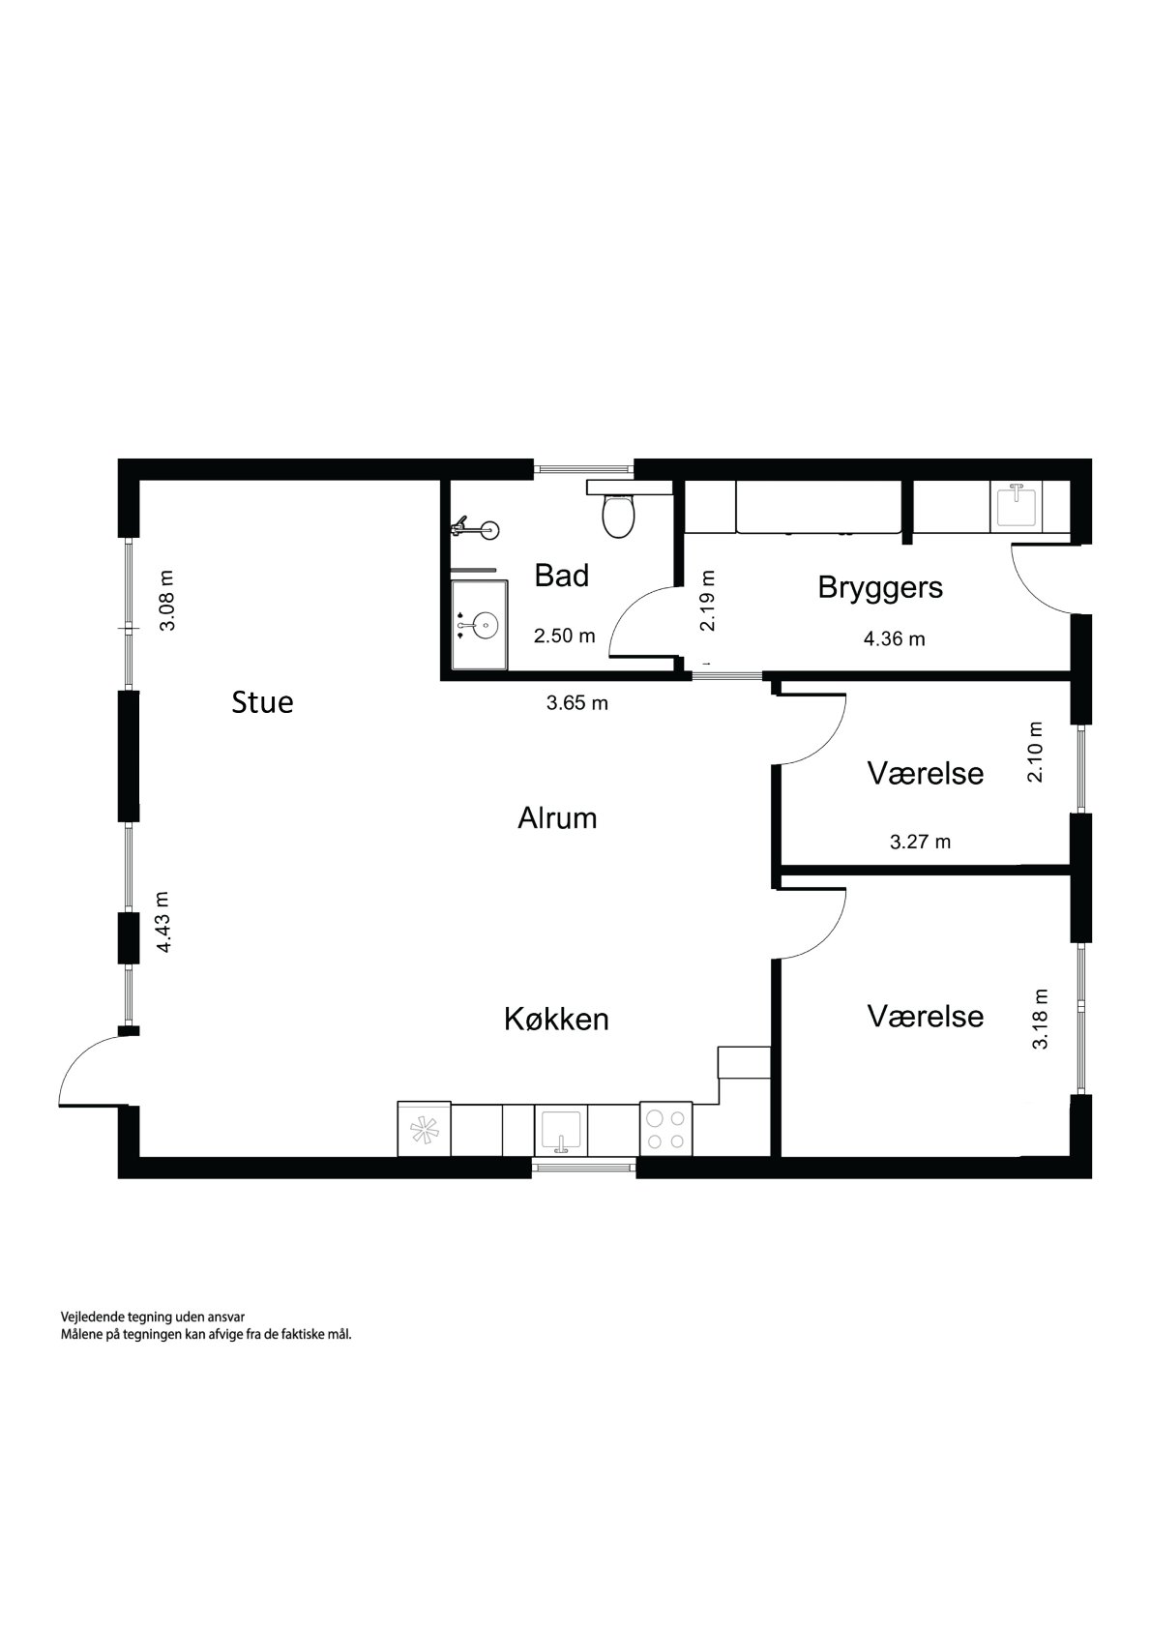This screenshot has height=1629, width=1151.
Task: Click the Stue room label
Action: tap(262, 702)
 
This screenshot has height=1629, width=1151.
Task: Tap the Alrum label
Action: tap(557, 818)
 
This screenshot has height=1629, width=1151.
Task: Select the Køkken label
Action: tap(556, 1019)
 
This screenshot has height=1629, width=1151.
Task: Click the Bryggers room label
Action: tap(880, 587)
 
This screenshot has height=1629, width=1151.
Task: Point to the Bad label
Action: tap(562, 577)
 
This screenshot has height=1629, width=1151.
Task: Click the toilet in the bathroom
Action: tap(617, 515)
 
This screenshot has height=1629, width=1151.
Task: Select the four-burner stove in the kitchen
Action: tap(665, 1129)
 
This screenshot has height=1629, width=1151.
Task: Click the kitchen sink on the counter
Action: tap(561, 1130)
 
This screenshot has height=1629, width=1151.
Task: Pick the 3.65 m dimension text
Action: tap(577, 703)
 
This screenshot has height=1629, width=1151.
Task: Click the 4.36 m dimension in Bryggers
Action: tap(895, 638)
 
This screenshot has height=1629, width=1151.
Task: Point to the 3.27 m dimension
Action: tap(920, 842)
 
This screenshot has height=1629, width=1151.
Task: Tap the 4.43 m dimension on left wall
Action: tap(164, 922)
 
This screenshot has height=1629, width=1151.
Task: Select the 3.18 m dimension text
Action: tap(1040, 1019)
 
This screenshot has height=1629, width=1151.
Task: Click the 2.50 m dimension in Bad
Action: tap(565, 636)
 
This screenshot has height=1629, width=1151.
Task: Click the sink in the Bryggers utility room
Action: tap(1016, 506)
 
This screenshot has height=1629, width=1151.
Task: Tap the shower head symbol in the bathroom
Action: tap(480, 529)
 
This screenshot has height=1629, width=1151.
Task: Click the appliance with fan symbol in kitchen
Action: tap(425, 1129)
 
